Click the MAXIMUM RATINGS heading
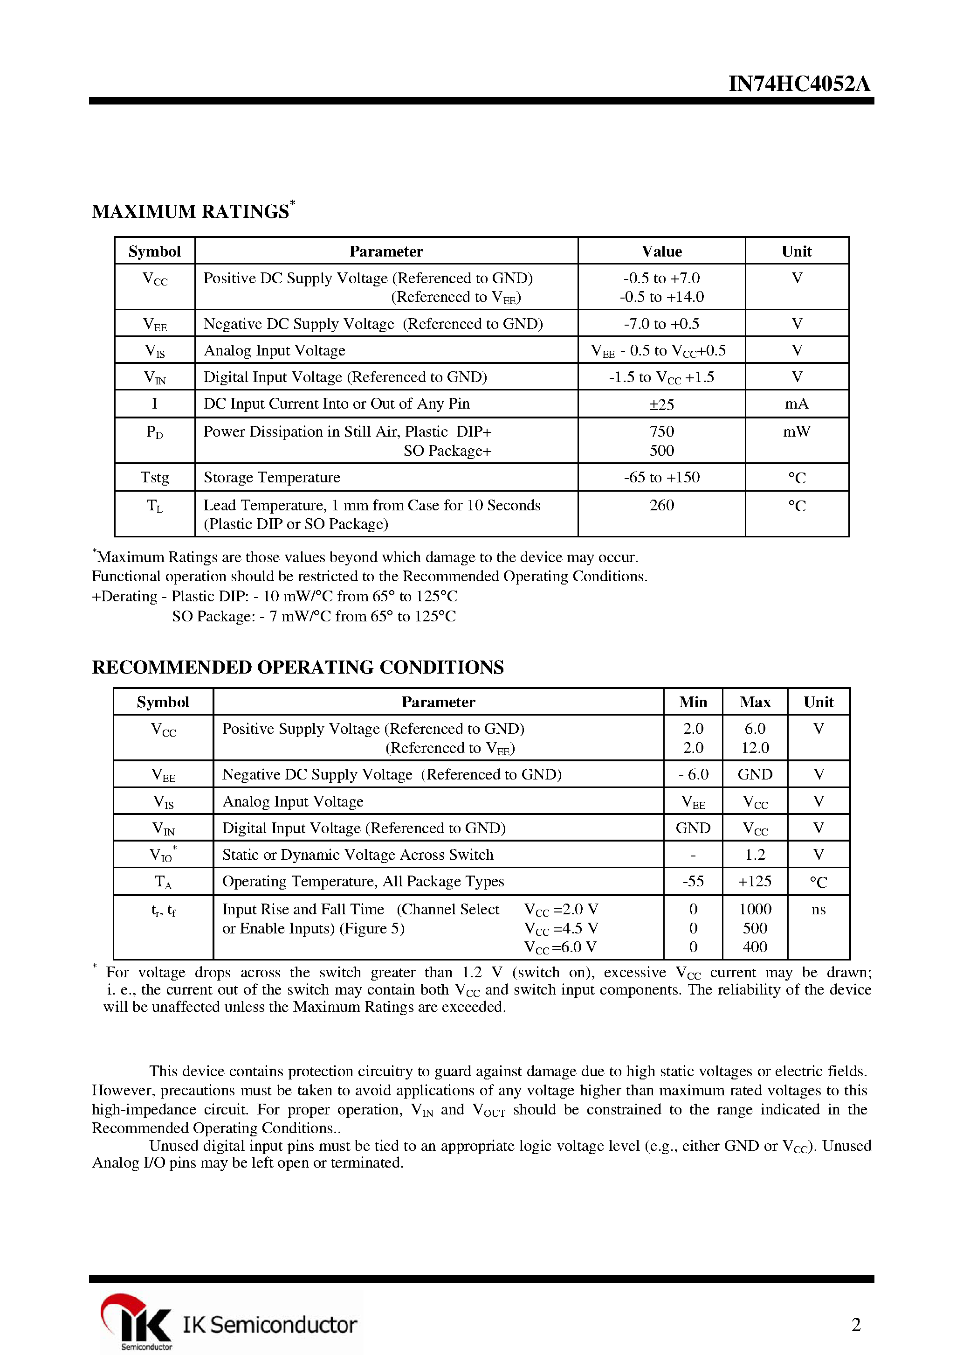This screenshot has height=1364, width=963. pyautogui.click(x=191, y=211)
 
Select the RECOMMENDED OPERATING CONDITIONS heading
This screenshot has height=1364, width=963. pyautogui.click(x=297, y=667)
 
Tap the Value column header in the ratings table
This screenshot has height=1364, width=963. pyautogui.click(x=661, y=251)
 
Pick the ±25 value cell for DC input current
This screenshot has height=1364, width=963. pyautogui.click(x=661, y=404)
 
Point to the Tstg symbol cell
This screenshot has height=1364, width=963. pyautogui.click(x=154, y=478)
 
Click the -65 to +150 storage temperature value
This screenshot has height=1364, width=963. pyautogui.click(x=661, y=478)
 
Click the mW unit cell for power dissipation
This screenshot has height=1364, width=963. pyautogui.click(x=796, y=432)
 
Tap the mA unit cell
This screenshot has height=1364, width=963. pyautogui.click(x=796, y=404)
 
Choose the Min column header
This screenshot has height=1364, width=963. pyautogui.click(x=693, y=702)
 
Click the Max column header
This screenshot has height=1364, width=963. pyautogui.click(x=755, y=702)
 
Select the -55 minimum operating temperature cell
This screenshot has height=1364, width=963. pyautogui.click(x=693, y=882)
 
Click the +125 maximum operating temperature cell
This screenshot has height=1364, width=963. pyautogui.click(x=755, y=882)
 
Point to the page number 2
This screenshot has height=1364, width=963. pyautogui.click(x=855, y=1324)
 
